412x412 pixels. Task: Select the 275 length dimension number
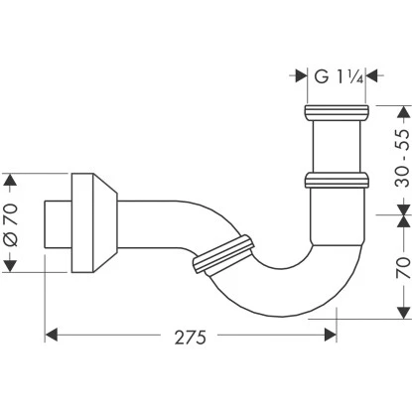(x=191, y=338)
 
